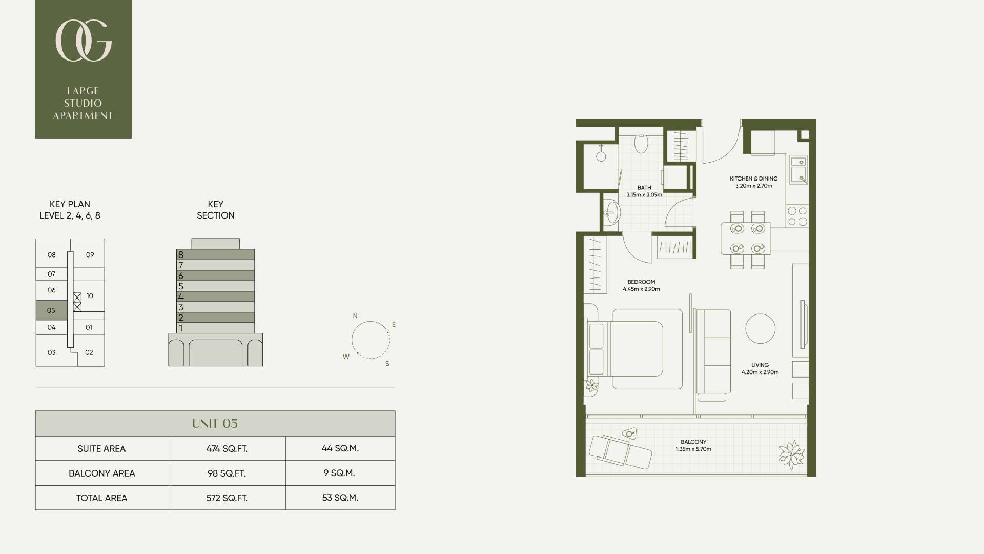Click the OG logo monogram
83,41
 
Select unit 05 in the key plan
51,310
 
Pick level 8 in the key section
215,254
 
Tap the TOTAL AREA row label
102,498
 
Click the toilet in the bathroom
641,144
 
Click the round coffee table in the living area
760,328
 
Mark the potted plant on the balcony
792,455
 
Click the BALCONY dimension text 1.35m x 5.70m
693,449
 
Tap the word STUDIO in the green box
83,103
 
